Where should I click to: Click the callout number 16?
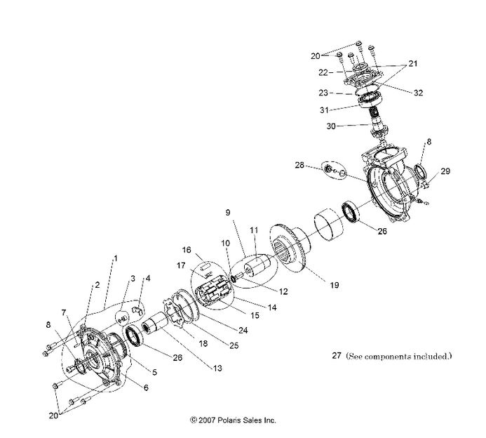click(x=187, y=249)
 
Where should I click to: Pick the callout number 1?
click(x=114, y=259)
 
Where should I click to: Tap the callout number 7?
click(x=63, y=312)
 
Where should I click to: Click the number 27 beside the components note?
click(x=337, y=356)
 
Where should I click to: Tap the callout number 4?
click(x=147, y=279)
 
